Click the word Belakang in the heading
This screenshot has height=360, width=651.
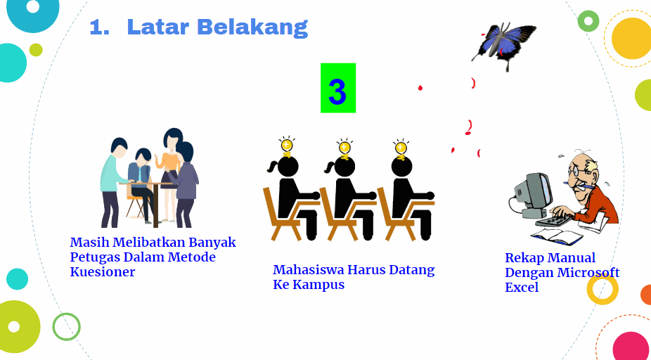[x=252, y=27]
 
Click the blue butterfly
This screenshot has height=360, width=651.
[x=504, y=46]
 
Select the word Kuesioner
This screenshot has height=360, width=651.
[x=102, y=272]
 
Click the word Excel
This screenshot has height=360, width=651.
[x=522, y=287]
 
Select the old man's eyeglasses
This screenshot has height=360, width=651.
[x=581, y=171]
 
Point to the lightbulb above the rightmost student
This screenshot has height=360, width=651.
[x=400, y=148]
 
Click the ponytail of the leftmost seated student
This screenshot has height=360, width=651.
[x=273, y=167]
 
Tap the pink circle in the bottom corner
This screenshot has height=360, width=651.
[x=631, y=346]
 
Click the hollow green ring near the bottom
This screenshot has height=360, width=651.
[x=66, y=326]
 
